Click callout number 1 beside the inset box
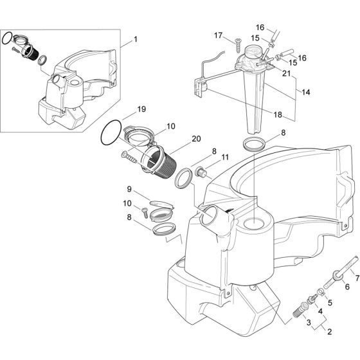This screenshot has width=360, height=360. click(135, 39)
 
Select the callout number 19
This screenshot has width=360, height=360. click(142, 109)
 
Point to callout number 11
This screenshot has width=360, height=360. click(207, 157)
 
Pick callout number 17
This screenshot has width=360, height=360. click(218, 35)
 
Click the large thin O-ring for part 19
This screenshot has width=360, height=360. click(111, 133)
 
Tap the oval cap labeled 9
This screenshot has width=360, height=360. click(156, 204)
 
